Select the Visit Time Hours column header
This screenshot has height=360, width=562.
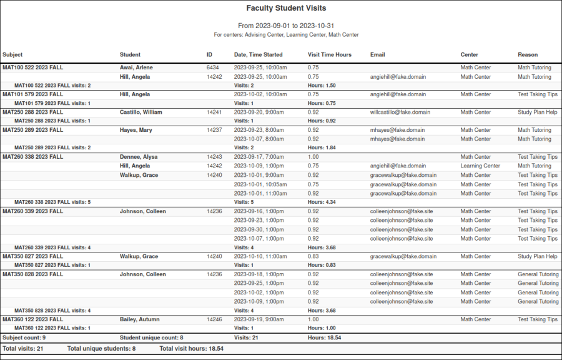(329, 55)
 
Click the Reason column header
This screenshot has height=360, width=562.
(527, 55)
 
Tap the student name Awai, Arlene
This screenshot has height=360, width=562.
(136, 67)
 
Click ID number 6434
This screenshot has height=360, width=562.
(212, 67)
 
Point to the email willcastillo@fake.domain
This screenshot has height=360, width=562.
(400, 112)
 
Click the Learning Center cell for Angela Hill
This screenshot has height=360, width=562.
(480, 166)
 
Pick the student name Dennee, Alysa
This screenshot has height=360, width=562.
(139, 157)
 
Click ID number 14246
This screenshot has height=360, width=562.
(214, 319)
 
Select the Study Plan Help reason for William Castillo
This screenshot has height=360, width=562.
(537, 112)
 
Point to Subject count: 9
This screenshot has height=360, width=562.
(24, 338)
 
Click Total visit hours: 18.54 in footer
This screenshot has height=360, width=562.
(192, 348)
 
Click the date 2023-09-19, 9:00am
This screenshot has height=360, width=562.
(260, 319)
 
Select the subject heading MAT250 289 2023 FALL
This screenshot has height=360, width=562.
(32, 130)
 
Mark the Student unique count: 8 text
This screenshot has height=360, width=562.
(151, 338)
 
